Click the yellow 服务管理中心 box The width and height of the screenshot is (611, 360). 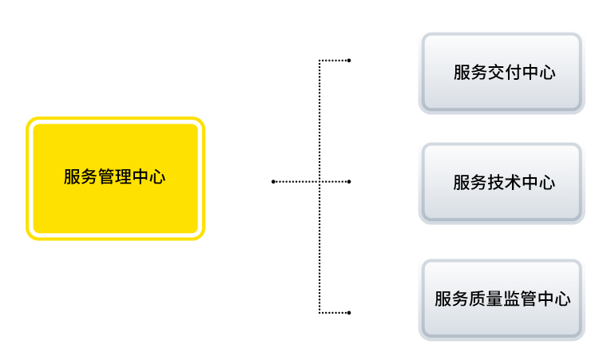tap(115, 178)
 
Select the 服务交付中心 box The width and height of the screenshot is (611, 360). tap(502, 73)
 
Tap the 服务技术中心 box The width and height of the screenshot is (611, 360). tap(502, 183)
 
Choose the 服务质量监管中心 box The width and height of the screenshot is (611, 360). tap(502, 299)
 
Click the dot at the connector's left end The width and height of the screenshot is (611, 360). tap(273, 182)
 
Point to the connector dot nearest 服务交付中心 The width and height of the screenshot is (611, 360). tap(350, 60)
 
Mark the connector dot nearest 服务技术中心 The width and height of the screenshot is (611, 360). tap(350, 182)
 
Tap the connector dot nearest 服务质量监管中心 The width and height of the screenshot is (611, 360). tap(350, 311)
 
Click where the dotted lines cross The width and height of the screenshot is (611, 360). tap(319, 182)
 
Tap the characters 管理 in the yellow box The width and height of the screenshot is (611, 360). tap(115, 177)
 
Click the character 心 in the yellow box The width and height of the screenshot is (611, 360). tap(157, 177)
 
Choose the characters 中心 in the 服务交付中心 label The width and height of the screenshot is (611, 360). tap(538, 73)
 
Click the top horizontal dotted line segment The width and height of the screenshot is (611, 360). tap(335, 60)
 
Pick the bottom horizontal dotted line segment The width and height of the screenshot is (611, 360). tap(335, 311)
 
